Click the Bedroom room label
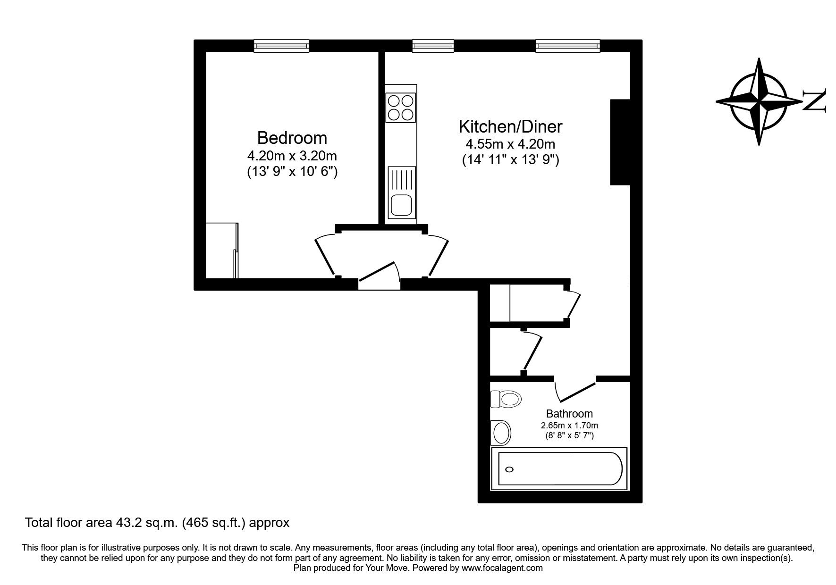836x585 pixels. pos(292,138)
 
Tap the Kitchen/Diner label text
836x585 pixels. pos(510,126)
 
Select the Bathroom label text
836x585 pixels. pos(569,414)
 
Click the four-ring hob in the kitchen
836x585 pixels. pos(401,108)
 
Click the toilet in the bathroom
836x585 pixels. pos(506,399)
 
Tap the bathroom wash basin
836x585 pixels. pos(501,432)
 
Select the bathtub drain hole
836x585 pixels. pos(509,469)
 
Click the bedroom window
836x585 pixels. pos(281,46)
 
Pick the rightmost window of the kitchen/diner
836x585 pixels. pos(568,46)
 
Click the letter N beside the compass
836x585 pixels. pos(815,100)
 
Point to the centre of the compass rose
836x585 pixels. pos(759,101)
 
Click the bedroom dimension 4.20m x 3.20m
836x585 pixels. pos(292,155)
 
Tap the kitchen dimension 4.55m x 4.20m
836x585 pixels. pos(510,144)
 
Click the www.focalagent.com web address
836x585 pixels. pos(502,568)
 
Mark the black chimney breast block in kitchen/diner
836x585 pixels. pos(620,142)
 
